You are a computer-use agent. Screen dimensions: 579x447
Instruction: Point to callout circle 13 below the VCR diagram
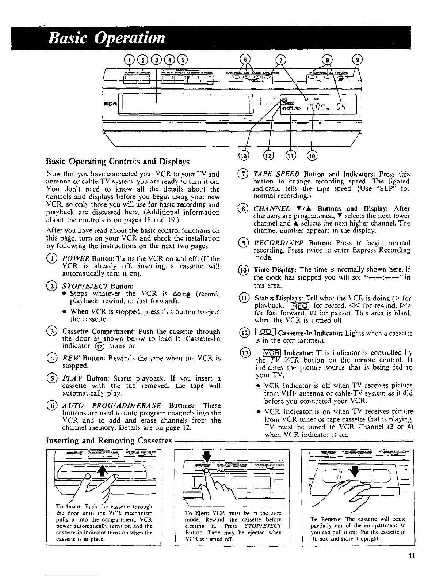246,156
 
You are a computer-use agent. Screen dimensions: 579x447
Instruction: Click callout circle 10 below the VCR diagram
313,156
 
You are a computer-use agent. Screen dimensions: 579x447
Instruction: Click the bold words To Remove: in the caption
326,519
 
